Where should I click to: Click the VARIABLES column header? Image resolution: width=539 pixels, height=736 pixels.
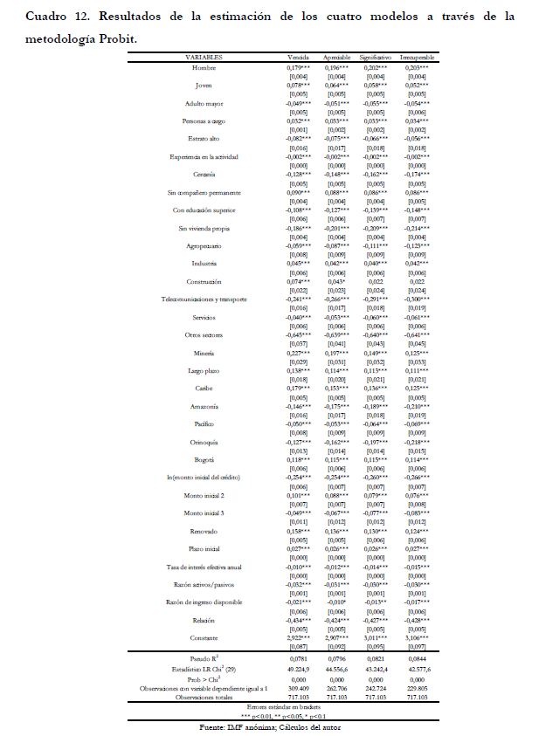tap(204, 57)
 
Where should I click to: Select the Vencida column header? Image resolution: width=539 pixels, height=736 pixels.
tap(299, 57)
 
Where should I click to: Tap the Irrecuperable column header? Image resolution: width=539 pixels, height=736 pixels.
tap(418, 57)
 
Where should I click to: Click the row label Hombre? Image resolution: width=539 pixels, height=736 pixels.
tap(204, 66)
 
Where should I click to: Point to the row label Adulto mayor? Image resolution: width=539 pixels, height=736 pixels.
tap(204, 102)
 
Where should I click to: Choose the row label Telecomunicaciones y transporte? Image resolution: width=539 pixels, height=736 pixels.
tap(204, 299)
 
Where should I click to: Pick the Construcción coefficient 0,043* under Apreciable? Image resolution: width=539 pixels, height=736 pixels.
tap(337, 281)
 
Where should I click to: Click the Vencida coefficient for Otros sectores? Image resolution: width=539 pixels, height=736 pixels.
tap(300, 334)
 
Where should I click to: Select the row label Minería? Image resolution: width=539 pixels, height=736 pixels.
tap(204, 353)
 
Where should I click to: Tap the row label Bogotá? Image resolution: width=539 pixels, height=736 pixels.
tap(204, 459)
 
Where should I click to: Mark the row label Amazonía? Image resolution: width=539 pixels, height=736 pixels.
tap(204, 406)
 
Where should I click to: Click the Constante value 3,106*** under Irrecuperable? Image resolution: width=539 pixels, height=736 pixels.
tap(418, 637)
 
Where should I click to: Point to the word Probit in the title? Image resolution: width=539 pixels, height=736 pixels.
tap(117, 39)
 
